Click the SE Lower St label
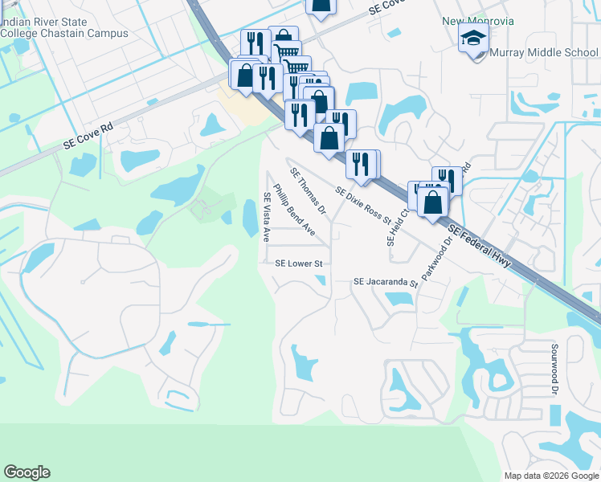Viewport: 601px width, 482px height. tap(298, 263)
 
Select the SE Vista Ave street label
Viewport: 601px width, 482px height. tap(267, 218)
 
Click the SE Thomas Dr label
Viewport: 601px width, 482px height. tap(308, 193)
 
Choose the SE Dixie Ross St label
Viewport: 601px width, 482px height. tap(363, 206)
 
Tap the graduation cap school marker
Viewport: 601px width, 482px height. tap(473, 37)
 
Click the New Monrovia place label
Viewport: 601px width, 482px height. tap(477, 20)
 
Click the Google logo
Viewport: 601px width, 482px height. tap(27, 472)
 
